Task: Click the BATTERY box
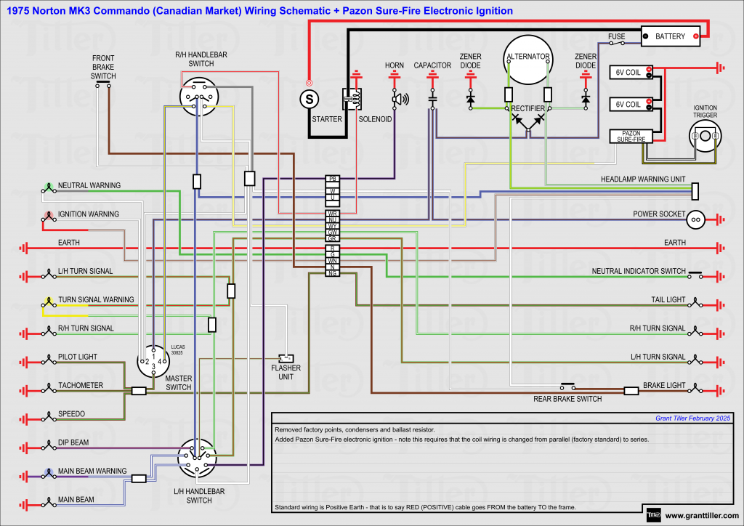(x=670, y=36)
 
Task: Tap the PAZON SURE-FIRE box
(x=631, y=135)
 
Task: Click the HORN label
(x=395, y=65)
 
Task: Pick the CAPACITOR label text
(x=432, y=65)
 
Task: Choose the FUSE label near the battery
(x=617, y=36)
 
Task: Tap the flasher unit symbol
(x=286, y=358)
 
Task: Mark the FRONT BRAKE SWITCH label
(x=103, y=66)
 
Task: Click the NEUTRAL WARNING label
(x=89, y=186)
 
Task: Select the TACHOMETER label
(x=81, y=386)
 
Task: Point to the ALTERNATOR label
(x=528, y=56)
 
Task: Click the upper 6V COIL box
(x=630, y=71)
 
